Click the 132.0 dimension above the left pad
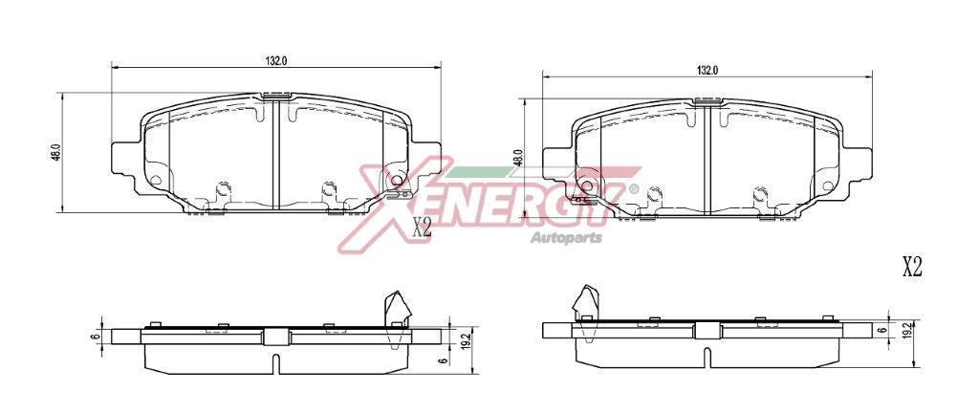tap(276, 60)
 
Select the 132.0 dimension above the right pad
tap(707, 71)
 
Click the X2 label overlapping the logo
tap(422, 228)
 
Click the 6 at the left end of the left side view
tap(95, 337)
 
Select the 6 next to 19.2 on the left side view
tap(442, 360)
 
